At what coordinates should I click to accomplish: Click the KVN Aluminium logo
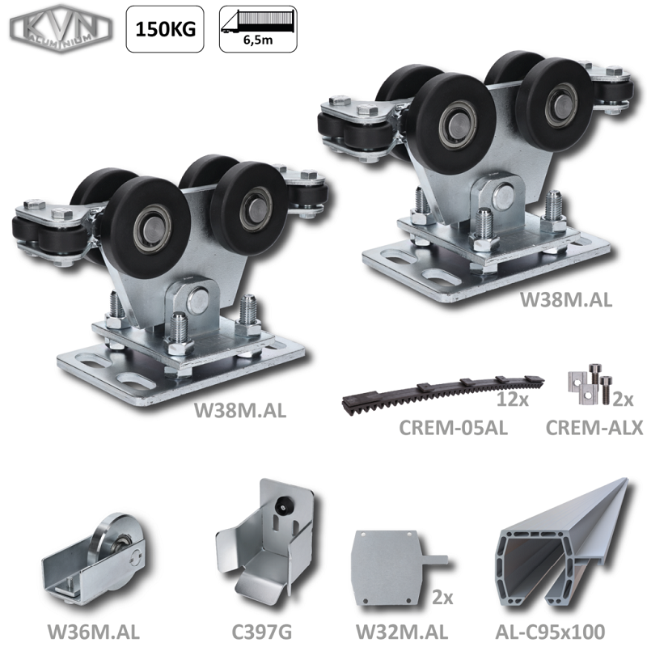pyautogui.click(x=61, y=29)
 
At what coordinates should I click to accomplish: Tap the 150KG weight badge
pyautogui.click(x=165, y=29)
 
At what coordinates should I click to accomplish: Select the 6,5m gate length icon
pyautogui.click(x=258, y=29)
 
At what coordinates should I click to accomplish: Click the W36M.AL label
pyautogui.click(x=94, y=632)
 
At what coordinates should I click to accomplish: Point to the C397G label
pyautogui.click(x=261, y=632)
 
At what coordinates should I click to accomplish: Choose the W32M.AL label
pyautogui.click(x=401, y=632)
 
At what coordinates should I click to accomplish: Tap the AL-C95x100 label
pyautogui.click(x=550, y=632)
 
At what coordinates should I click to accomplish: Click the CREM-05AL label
pyautogui.click(x=453, y=428)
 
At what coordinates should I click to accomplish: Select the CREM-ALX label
pyautogui.click(x=594, y=428)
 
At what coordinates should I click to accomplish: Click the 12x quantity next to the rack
pyautogui.click(x=512, y=399)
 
